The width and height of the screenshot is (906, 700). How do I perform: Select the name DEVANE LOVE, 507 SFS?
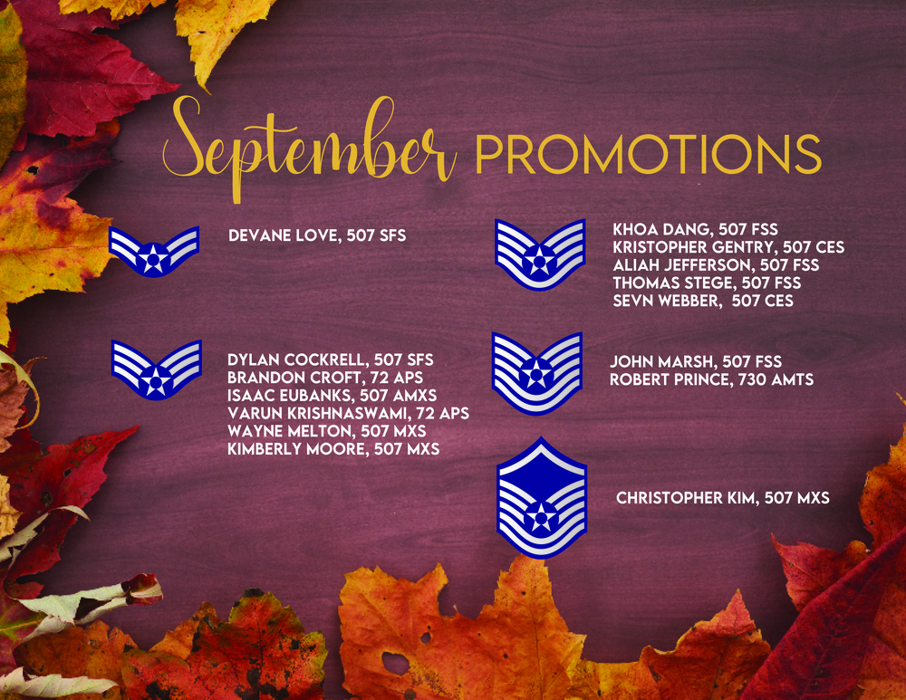[x=317, y=236]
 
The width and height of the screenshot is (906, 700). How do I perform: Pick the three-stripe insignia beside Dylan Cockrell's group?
[x=156, y=369]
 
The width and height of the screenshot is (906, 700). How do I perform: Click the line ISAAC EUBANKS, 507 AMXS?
[x=332, y=396]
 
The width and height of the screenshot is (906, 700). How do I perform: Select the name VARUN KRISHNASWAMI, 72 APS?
[x=348, y=413]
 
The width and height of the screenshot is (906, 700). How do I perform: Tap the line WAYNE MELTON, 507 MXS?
[x=327, y=430]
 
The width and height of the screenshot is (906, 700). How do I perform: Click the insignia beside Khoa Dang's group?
[x=540, y=254]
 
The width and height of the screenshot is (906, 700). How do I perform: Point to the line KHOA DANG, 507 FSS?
[x=695, y=230]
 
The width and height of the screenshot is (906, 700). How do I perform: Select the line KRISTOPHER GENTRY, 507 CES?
[x=728, y=247]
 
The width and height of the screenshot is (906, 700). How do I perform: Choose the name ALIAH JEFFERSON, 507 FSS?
[x=716, y=265]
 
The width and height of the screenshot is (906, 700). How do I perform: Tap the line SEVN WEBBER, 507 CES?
[x=703, y=301]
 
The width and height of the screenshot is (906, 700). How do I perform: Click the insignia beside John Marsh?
[x=537, y=372]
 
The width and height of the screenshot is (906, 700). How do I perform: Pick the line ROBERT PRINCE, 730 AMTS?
[x=711, y=379]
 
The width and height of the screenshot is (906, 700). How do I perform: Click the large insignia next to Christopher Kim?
[x=542, y=497]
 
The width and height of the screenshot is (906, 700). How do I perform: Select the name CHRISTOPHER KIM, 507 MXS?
[x=722, y=497]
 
